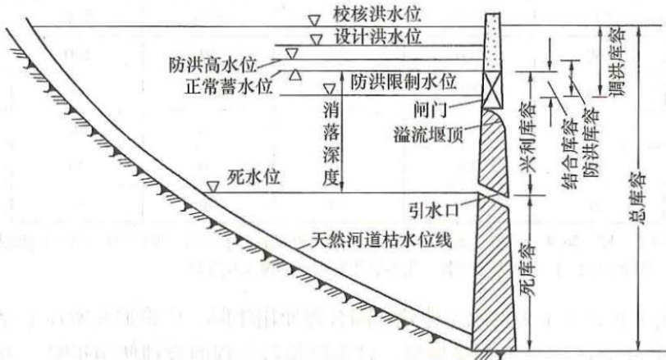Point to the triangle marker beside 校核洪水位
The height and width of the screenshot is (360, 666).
pos(314,18)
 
